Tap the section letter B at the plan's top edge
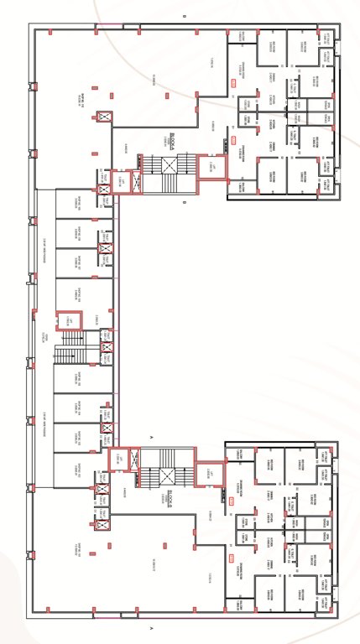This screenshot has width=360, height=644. [x=183, y=16]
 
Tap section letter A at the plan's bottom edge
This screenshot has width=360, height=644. [x=151, y=627]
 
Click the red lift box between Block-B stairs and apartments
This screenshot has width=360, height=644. [x=210, y=475]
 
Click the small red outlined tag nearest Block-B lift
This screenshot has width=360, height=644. [x=232, y=501]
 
